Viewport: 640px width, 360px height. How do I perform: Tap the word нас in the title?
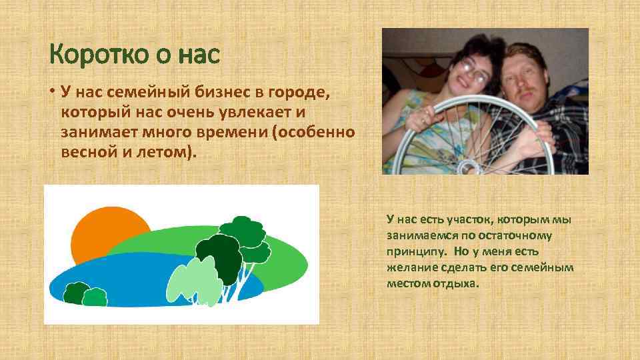tap(199, 55)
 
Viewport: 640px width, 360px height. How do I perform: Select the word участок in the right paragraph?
tap(453, 220)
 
